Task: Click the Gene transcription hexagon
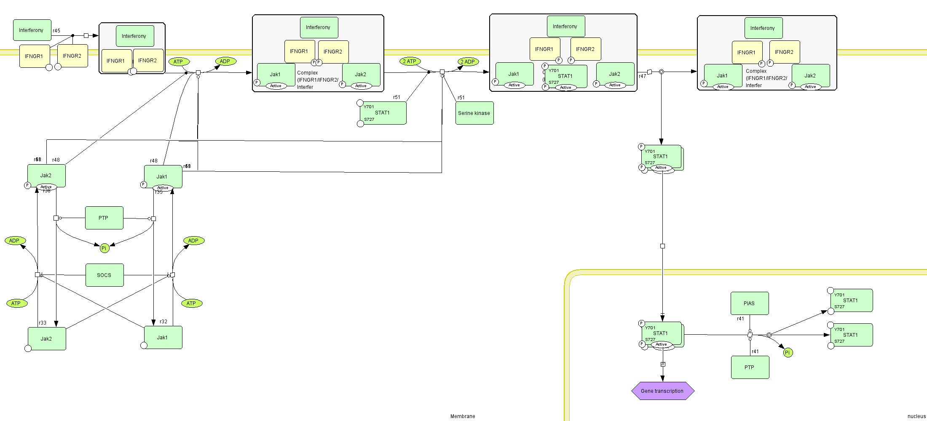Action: (x=662, y=391)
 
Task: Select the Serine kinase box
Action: (x=474, y=113)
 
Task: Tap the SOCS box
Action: (x=104, y=275)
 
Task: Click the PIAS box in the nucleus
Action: (x=749, y=303)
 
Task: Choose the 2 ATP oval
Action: (x=410, y=61)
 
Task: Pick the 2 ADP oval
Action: (x=468, y=61)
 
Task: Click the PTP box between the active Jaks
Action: (x=104, y=218)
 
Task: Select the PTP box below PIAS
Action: (x=750, y=367)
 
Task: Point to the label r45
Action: (x=56, y=31)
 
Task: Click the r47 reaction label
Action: (x=642, y=76)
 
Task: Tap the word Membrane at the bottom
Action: (x=463, y=416)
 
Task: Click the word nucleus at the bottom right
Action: (x=916, y=416)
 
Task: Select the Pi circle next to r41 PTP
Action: (x=788, y=352)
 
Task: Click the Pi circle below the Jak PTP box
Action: (x=104, y=248)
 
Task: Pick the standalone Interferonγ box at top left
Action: (x=32, y=30)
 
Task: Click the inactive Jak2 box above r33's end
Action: (x=47, y=338)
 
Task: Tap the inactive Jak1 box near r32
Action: (x=163, y=337)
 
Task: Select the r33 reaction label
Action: (x=43, y=323)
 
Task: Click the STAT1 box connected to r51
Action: (x=383, y=113)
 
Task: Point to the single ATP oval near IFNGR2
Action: (x=179, y=61)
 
